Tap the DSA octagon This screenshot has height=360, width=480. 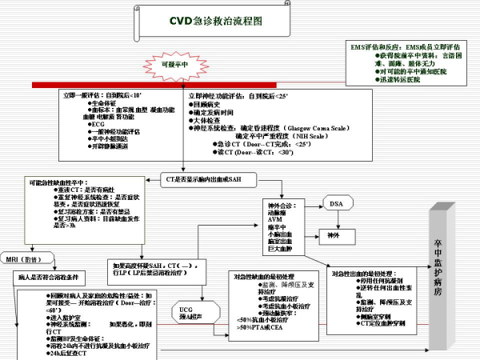tap(336, 183)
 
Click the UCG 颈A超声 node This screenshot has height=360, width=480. tap(186, 311)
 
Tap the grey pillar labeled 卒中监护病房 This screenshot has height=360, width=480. tap(437, 272)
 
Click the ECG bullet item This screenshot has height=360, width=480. tap(98, 124)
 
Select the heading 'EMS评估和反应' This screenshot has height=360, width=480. tap(377, 47)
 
